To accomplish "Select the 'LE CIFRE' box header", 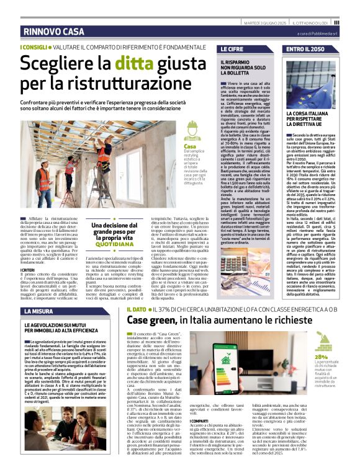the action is click(x=232, y=48).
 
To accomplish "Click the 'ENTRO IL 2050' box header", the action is click(x=307, y=48).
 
